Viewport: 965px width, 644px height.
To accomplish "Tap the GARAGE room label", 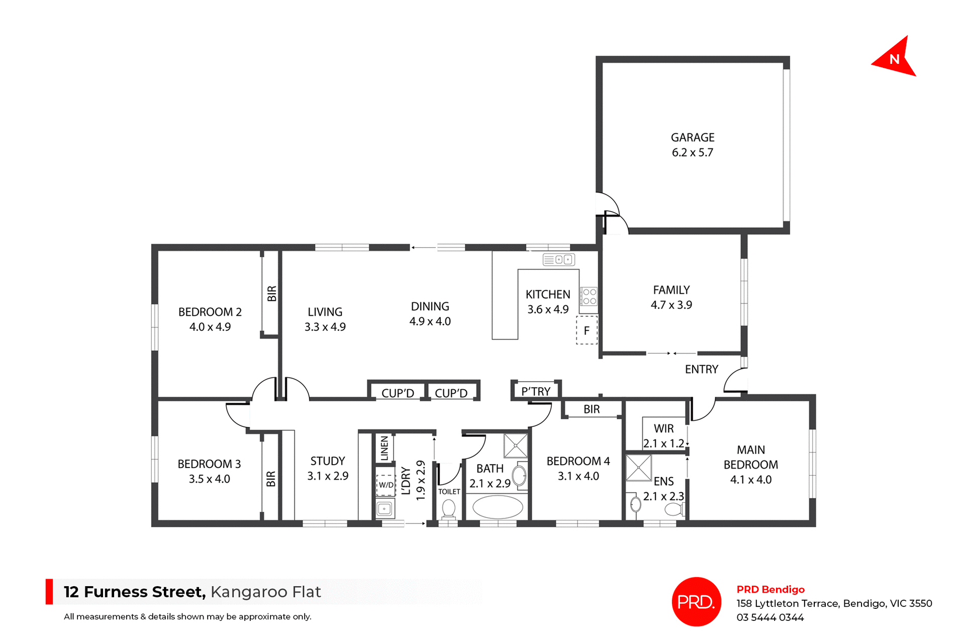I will [x=693, y=138].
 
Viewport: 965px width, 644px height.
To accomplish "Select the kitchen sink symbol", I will [x=558, y=259].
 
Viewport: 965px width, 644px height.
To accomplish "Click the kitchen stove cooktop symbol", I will [x=589, y=297].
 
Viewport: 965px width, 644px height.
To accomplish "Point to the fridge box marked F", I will [x=587, y=330].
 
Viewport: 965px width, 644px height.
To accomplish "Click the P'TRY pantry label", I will [x=536, y=392].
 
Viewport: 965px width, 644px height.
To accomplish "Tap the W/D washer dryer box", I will [x=386, y=485].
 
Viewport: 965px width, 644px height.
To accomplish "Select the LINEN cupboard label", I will [x=384, y=448].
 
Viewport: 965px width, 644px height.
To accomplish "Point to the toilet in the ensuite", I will [x=674, y=510].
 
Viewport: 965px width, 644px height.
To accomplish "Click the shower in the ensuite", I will [x=639, y=468].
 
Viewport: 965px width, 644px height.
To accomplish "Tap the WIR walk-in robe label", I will [x=663, y=429].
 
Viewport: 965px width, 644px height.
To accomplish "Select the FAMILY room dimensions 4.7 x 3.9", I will [x=671, y=305].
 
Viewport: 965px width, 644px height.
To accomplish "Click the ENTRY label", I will [x=702, y=370].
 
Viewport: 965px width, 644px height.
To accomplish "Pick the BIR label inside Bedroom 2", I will [x=272, y=294].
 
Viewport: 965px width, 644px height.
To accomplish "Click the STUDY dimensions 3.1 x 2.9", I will [x=328, y=476].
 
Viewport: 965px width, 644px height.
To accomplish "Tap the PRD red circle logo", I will [x=696, y=602].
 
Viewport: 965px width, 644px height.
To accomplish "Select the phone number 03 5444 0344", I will [x=770, y=617].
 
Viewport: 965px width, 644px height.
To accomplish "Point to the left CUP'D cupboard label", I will [x=398, y=393].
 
